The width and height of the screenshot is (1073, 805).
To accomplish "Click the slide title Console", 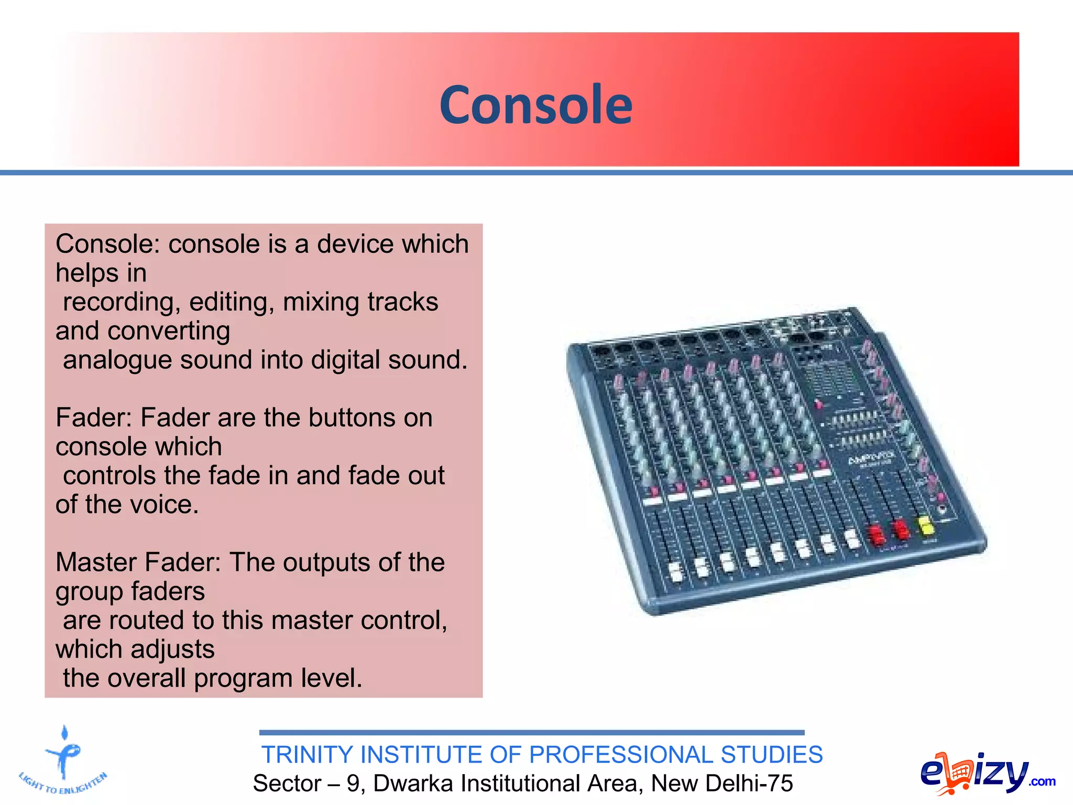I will [x=535, y=105].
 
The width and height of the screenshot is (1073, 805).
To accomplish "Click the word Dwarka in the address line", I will [x=413, y=784].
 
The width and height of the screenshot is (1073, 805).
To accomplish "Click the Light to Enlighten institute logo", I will [x=63, y=760].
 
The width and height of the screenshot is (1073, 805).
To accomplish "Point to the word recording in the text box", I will [x=122, y=302].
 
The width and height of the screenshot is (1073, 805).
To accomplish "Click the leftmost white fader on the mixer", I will [x=675, y=572].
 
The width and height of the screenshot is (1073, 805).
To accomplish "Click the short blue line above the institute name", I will [x=531, y=732].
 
